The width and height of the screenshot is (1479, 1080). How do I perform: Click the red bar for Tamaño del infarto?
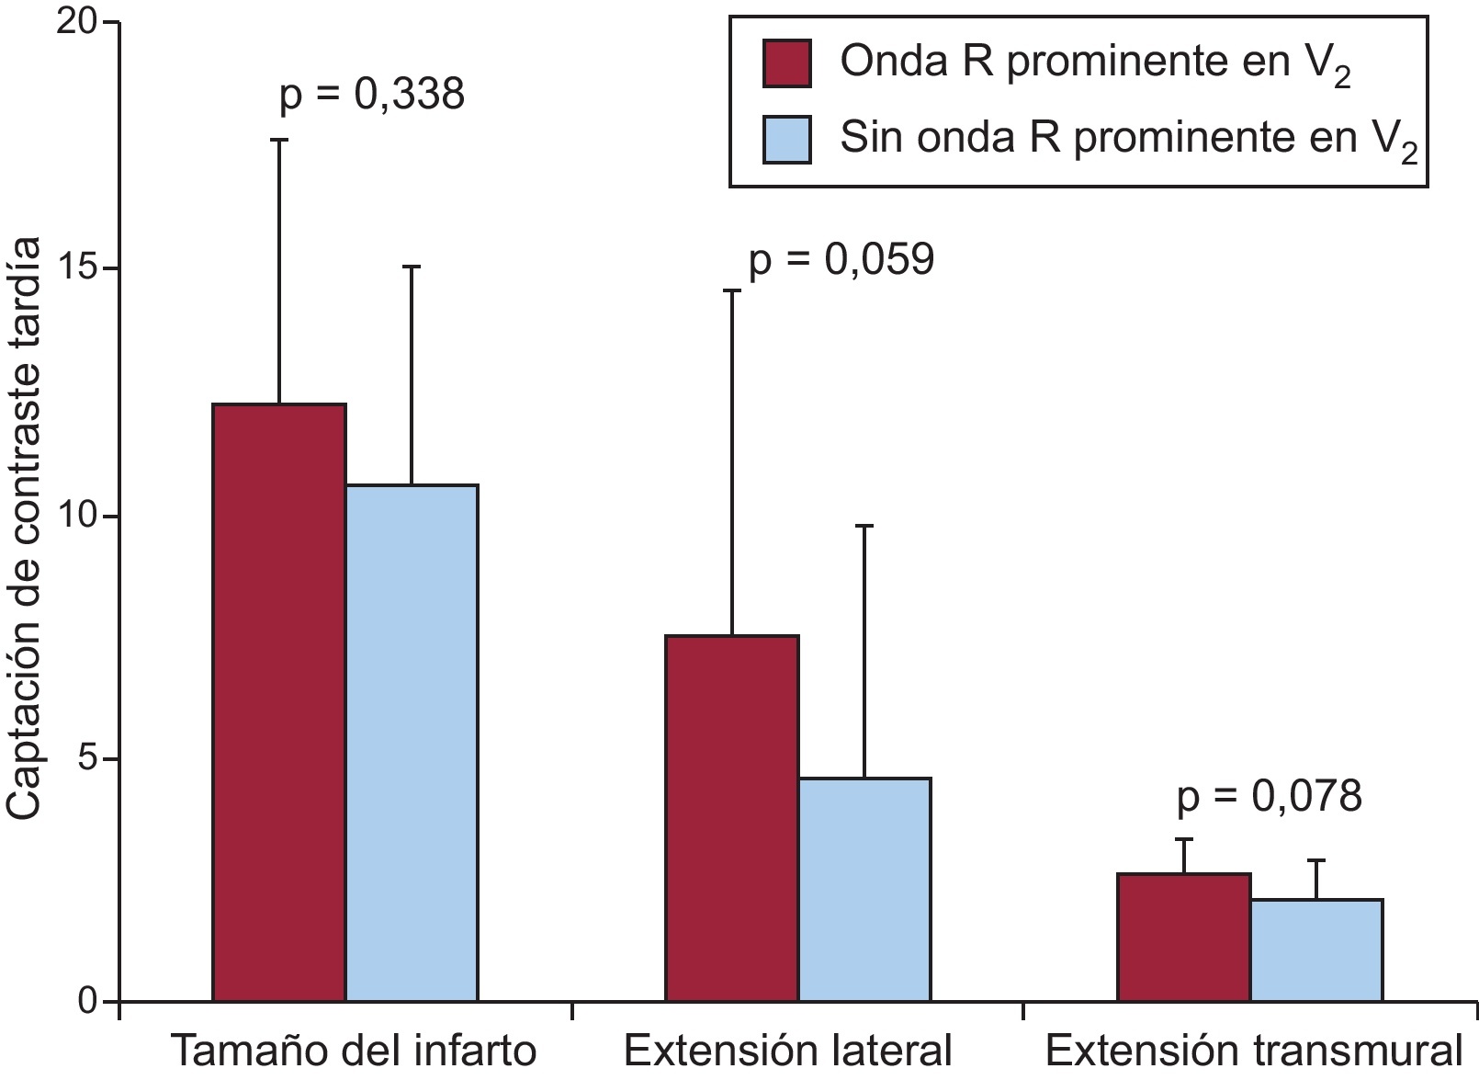[x=279, y=702]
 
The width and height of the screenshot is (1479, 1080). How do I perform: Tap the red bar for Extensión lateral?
[x=732, y=818]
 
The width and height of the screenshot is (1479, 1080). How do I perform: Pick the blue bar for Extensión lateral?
[x=864, y=889]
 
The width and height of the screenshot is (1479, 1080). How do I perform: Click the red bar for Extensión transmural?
[x=1184, y=937]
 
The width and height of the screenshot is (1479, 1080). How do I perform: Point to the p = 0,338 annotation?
[x=372, y=95]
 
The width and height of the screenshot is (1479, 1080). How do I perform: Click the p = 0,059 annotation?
[x=841, y=260]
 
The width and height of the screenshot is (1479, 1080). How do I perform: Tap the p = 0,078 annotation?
[x=1270, y=797]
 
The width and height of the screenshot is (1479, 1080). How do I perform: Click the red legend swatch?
[x=787, y=63]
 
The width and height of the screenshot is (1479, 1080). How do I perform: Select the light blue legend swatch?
[x=787, y=140]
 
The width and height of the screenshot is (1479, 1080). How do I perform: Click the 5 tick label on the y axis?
[x=88, y=759]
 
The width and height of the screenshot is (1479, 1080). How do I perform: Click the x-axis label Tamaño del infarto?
[x=355, y=1052]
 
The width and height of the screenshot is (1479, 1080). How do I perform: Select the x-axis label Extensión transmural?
[x=1253, y=1052]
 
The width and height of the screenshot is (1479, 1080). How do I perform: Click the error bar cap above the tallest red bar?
[x=279, y=140]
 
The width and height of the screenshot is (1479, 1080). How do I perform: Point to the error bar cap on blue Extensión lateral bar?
[x=864, y=526]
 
